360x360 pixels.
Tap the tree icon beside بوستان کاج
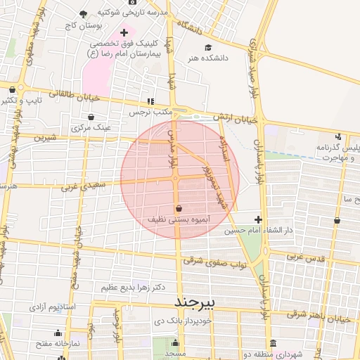(x=84, y=14)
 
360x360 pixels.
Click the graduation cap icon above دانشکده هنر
(x=207, y=48)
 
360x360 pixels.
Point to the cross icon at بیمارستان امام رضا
(x=124, y=32)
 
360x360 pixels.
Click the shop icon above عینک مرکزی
(x=92, y=117)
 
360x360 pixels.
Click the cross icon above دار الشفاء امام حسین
(x=259, y=219)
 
